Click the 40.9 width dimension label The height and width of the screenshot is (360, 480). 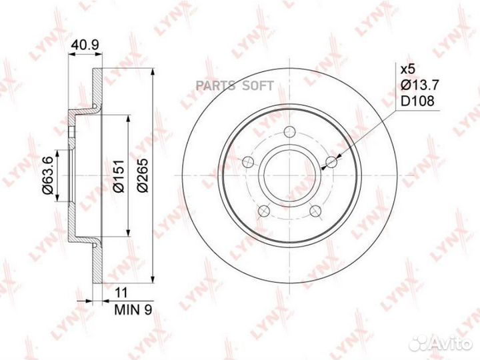coord(85,45)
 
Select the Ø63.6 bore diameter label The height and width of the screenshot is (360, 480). coord(48,175)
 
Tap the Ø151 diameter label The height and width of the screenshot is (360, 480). coord(119,176)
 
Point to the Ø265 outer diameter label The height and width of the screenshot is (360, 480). coord(143,175)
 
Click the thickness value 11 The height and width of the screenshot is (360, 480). coord(121,293)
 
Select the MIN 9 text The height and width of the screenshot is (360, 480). coord(133,310)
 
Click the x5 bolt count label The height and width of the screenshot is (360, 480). coord(408,69)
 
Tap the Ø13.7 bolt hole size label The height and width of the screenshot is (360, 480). coord(420,85)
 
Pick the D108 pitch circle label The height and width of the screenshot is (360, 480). coord(417,101)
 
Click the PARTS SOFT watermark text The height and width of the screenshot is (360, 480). coord(235,86)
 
